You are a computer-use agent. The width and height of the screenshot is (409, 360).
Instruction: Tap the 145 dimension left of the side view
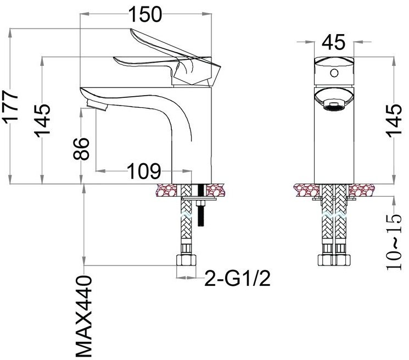pos(43,120)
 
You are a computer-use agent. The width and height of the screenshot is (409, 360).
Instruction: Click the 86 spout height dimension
pos(82,148)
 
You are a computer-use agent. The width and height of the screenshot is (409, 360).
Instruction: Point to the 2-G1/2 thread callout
pos(237,278)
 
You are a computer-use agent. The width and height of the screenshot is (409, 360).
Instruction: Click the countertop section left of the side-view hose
pos(168,191)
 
